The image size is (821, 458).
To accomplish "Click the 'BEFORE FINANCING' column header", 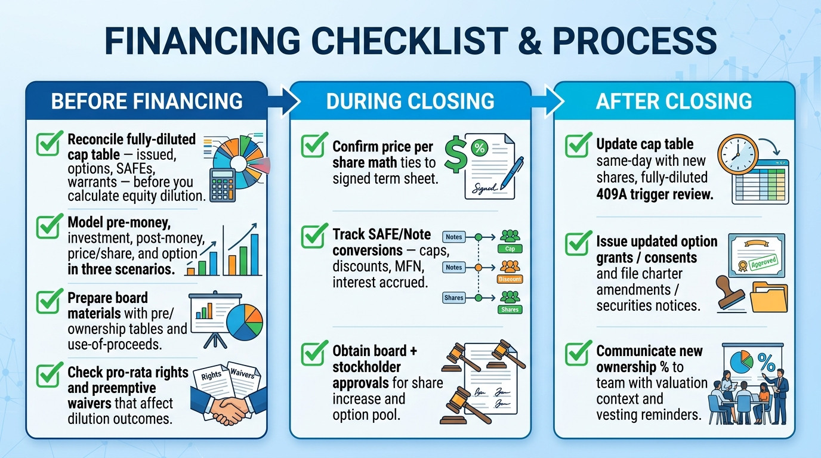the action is (147, 101).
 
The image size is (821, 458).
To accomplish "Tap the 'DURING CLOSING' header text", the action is (410, 101).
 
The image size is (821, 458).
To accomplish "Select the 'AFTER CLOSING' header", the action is (674, 101).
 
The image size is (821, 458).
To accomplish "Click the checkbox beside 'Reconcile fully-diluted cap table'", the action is (50, 143).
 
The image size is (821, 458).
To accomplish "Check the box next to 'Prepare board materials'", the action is (50, 301).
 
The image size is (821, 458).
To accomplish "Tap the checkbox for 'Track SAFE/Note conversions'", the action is (314, 236).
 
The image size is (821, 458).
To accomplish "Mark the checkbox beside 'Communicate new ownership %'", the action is (578, 353).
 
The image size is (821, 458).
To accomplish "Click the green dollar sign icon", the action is (456, 154).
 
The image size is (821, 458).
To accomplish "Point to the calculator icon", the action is (223, 185).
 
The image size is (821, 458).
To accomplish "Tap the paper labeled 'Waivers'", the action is (243, 377).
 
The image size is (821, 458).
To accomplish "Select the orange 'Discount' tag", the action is (510, 279).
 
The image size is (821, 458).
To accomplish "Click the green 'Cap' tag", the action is (510, 249).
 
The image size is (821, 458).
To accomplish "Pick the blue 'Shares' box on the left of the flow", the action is (453, 298).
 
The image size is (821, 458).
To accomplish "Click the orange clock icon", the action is (738, 154).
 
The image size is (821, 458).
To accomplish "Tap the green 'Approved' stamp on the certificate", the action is (763, 263).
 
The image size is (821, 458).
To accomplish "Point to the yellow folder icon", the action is (768, 297).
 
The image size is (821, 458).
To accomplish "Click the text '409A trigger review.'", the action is (655, 194).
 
